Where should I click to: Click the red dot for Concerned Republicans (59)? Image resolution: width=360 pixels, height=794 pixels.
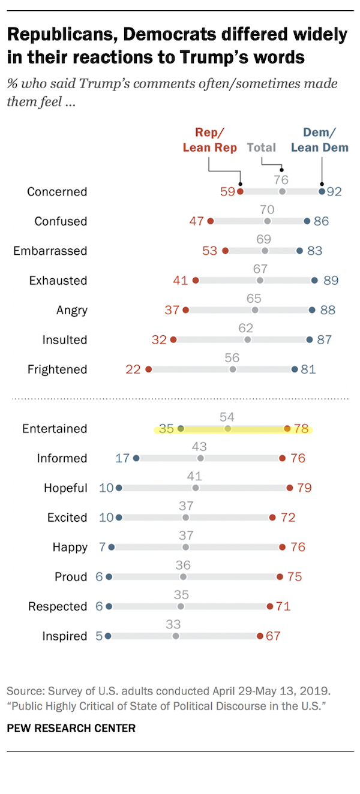point(240,192)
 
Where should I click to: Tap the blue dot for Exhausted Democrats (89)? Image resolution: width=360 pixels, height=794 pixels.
point(314,281)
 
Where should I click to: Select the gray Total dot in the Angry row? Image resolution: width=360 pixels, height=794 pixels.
point(255,310)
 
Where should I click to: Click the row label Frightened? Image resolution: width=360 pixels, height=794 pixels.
point(57,369)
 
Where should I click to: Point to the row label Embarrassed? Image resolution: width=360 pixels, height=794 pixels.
point(50,251)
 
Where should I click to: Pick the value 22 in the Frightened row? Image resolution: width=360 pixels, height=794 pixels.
point(133,369)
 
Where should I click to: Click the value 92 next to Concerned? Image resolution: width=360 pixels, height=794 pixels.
point(334,192)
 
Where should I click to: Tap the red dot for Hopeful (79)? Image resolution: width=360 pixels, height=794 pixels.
point(290,488)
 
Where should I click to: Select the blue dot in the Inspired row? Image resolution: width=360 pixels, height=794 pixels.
point(108,636)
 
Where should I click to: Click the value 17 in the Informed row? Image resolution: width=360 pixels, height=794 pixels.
point(122,458)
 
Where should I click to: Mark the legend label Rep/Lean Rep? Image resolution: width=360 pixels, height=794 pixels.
point(210,139)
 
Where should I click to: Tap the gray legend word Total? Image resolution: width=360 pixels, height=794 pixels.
point(262,147)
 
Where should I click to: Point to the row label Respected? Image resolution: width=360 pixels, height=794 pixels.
point(58,606)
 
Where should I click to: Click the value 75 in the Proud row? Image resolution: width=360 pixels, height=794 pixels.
point(294,577)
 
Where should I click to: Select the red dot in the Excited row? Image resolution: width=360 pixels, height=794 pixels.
point(272,518)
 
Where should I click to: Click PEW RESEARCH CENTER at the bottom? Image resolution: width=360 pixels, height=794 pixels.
point(71,728)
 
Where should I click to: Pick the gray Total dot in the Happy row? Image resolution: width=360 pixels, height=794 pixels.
point(185,547)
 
